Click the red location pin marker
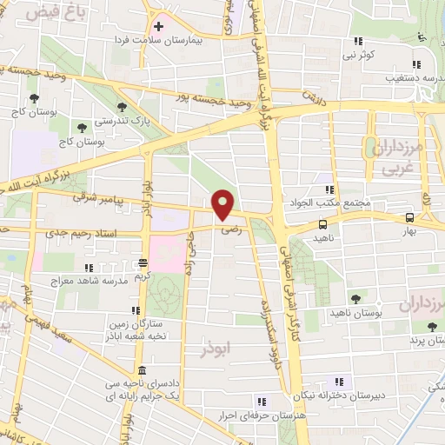pyautogui.click(x=223, y=204)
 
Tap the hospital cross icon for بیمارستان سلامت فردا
pyautogui.click(x=158, y=26)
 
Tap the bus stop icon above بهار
pyautogui.click(x=408, y=218)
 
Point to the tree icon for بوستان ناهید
pyautogui.click(x=353, y=299)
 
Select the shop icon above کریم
pyautogui.click(x=143, y=262)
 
